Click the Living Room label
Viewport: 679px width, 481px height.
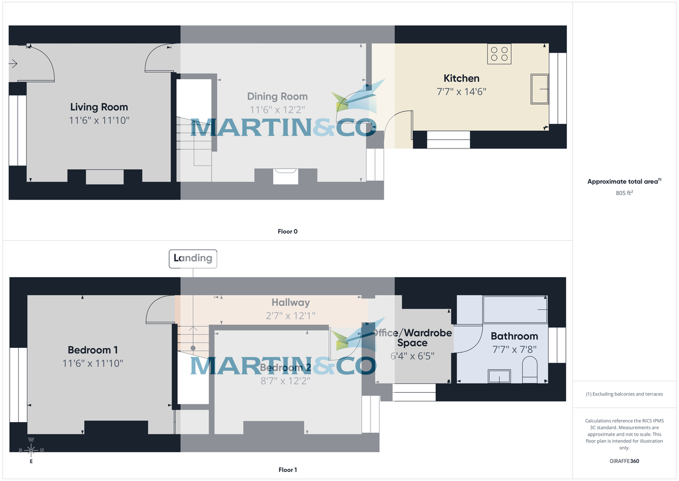point(99,107)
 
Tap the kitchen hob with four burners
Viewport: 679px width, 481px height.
point(499,54)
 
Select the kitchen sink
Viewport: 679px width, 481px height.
point(539,88)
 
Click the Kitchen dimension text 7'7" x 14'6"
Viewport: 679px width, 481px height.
point(461,91)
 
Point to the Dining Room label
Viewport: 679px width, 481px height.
point(277,97)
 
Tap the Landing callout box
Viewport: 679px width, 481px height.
point(193,258)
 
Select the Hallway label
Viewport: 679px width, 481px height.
point(290,303)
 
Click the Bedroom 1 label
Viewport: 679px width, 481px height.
point(93,350)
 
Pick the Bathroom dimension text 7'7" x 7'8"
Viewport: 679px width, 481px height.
point(514,350)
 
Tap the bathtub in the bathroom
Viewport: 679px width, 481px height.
point(515,310)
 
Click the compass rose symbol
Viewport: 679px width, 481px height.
point(31,450)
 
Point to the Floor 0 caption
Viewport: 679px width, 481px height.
point(287,231)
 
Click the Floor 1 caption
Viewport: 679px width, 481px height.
point(287,470)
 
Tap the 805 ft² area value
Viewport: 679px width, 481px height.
point(624,193)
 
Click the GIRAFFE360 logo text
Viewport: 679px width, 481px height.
point(624,461)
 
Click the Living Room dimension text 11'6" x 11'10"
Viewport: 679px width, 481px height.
point(99,120)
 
